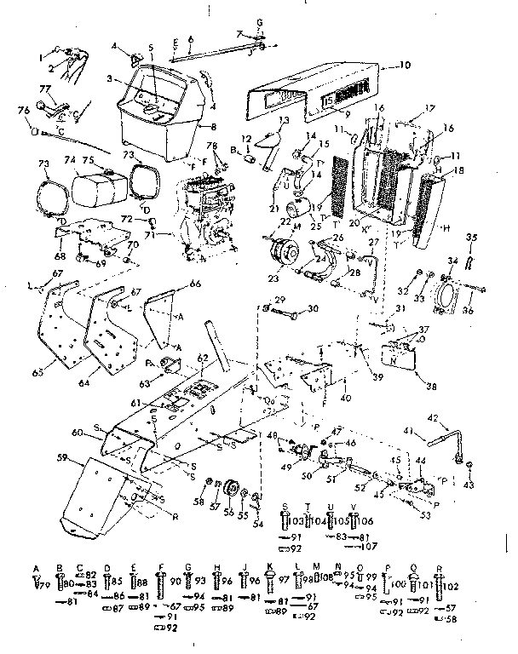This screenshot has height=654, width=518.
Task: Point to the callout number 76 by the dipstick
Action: [22, 108]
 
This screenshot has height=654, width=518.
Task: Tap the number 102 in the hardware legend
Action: [452, 585]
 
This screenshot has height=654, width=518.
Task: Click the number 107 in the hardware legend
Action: [365, 547]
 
